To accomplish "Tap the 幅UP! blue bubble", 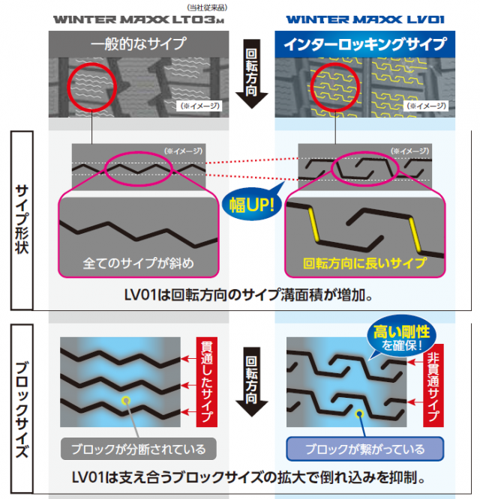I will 250,205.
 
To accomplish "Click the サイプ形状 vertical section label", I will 22,219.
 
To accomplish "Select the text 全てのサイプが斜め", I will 138,264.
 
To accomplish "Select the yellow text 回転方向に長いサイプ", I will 364,264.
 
